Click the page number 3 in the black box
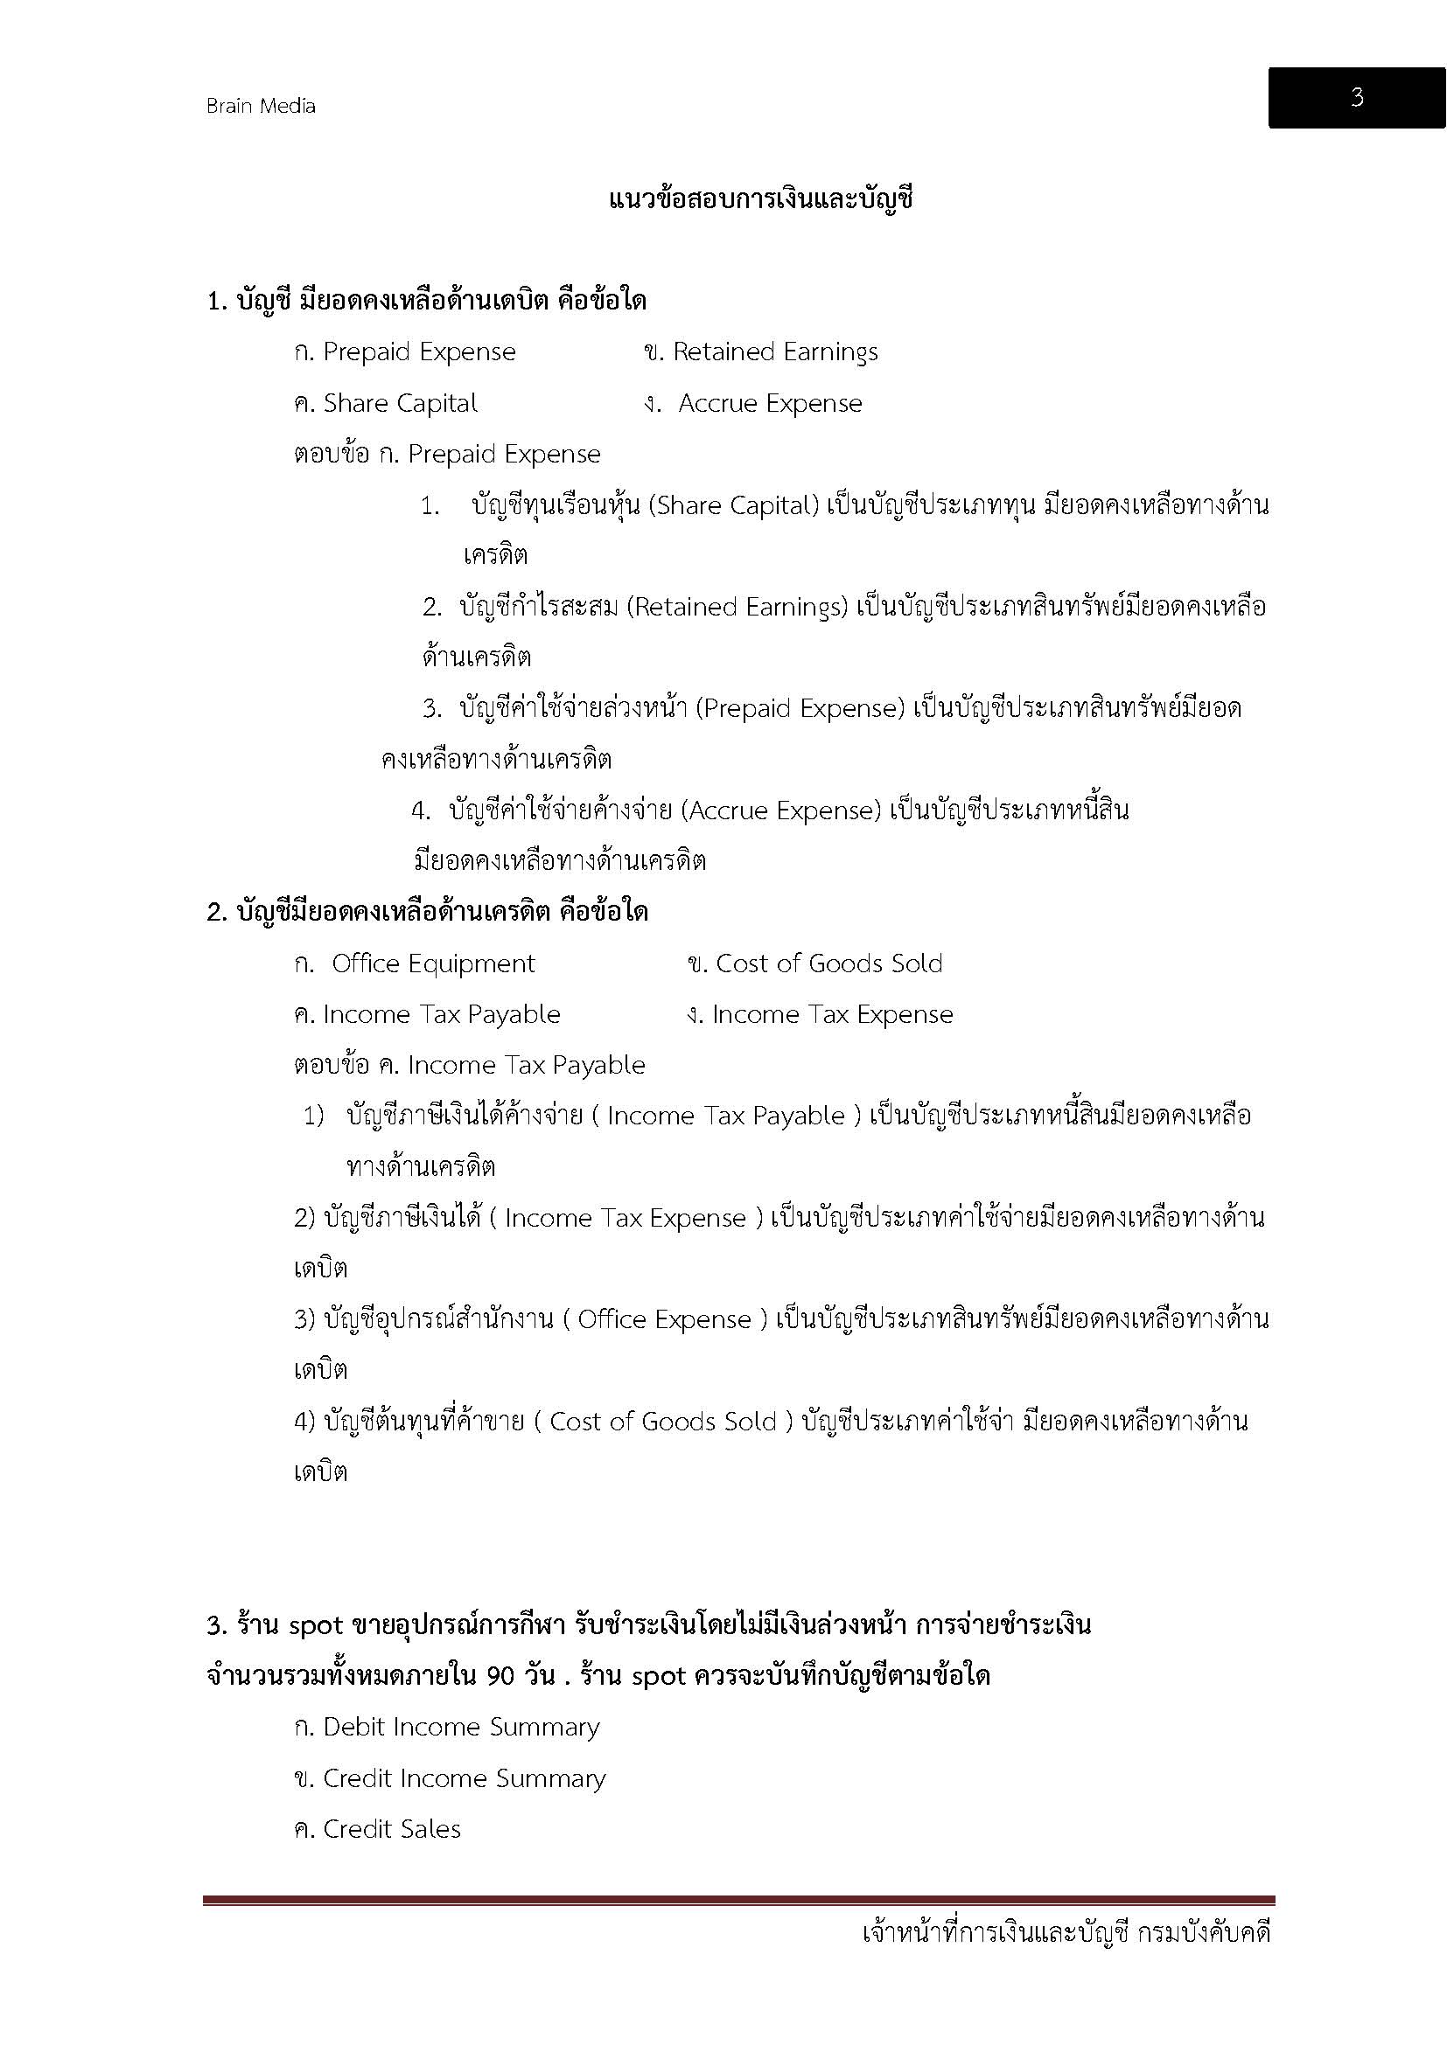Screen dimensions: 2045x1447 [1356, 97]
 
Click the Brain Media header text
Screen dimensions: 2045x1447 [260, 106]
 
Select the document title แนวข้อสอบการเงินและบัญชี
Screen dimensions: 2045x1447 [761, 199]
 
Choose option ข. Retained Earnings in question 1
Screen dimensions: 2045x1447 [760, 352]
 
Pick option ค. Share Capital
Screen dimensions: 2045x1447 [386, 403]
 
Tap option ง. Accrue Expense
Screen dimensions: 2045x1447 [753, 403]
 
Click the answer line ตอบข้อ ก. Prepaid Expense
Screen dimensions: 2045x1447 [447, 455]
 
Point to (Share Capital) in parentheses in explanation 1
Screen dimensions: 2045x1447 [733, 506]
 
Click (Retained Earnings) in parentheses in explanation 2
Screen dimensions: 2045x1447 [737, 608]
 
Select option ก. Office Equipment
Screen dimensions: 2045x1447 [415, 963]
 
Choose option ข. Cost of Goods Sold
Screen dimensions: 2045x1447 [815, 963]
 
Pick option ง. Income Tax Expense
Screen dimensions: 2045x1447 [820, 1014]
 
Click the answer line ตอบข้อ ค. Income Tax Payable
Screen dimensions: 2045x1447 [470, 1065]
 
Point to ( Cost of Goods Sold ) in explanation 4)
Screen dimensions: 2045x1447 [664, 1422]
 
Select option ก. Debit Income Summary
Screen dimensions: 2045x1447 [446, 1727]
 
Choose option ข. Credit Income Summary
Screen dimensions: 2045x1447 [450, 1778]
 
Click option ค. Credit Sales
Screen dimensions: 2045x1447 [378, 1829]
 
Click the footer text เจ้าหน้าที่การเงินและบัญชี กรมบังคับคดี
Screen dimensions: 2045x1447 [1066, 1933]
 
